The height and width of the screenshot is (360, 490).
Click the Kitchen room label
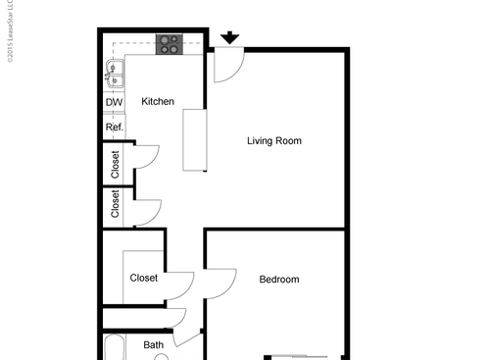pyautogui.click(x=158, y=102)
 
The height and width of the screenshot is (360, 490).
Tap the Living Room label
pyautogui.click(x=273, y=141)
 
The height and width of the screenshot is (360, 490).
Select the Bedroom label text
pyautogui.click(x=278, y=280)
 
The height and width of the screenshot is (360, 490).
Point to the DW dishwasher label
pyautogui.click(x=113, y=102)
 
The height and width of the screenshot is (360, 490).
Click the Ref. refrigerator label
pyautogui.click(x=114, y=128)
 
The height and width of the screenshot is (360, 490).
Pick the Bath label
pyautogui.click(x=154, y=345)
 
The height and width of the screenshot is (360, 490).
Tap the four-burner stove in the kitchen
pyautogui.click(x=170, y=44)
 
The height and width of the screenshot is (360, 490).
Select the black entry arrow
pyautogui.click(x=229, y=38)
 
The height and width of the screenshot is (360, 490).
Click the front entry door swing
pyautogui.click(x=226, y=65)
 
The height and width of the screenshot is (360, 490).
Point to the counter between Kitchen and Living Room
pyautogui.click(x=195, y=139)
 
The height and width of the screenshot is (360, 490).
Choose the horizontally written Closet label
pyautogui.click(x=144, y=279)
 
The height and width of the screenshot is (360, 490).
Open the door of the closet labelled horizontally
pyautogui.click(x=179, y=285)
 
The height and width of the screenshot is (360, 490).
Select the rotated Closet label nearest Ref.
pyautogui.click(x=116, y=162)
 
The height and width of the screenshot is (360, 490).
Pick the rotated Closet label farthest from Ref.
pyautogui.click(x=116, y=205)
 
